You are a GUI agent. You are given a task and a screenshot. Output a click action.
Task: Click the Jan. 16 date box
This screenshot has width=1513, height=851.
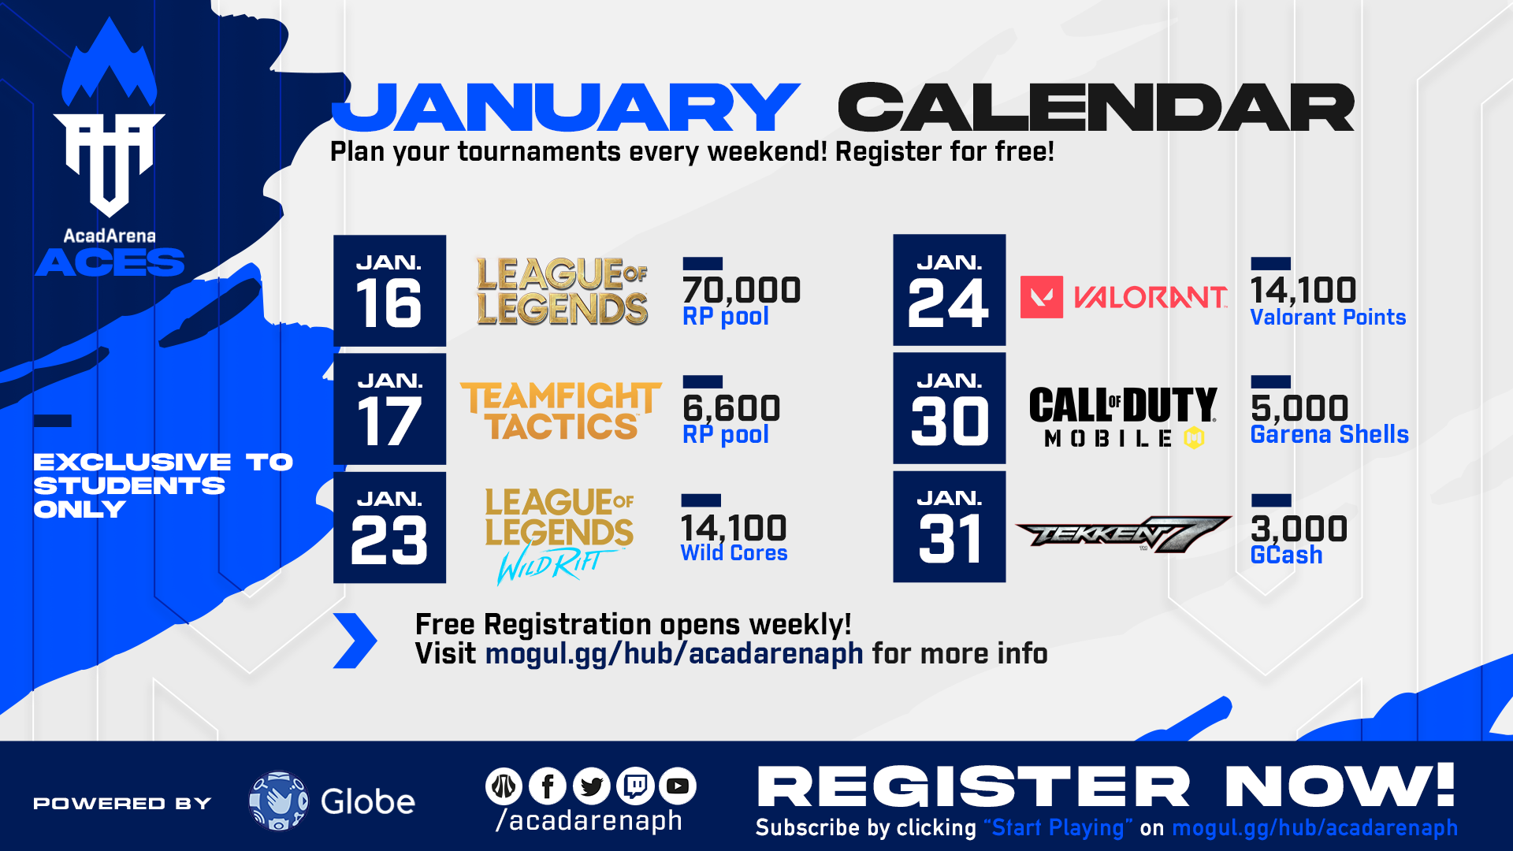[x=389, y=291]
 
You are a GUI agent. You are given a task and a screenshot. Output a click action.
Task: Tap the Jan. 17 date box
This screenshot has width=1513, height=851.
[x=389, y=409]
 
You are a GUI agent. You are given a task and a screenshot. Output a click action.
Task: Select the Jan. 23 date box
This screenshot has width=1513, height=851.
[x=389, y=527]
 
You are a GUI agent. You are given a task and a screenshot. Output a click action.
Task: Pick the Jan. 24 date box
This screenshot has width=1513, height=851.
[x=949, y=290]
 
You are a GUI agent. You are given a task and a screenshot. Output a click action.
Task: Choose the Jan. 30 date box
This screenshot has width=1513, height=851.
[x=949, y=408]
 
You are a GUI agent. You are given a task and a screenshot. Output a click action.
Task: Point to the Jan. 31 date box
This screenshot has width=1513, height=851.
[x=949, y=526]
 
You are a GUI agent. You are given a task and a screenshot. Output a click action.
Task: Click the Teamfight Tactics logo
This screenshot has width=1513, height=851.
[x=560, y=411]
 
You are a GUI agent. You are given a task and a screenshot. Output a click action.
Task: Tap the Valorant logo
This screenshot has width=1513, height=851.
[x=1124, y=297]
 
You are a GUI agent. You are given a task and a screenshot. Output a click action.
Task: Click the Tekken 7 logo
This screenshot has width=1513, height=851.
[x=1123, y=534]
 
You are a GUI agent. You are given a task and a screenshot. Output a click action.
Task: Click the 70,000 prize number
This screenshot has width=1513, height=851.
[x=742, y=290]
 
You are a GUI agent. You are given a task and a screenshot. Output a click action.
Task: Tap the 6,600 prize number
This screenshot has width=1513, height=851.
[x=731, y=408]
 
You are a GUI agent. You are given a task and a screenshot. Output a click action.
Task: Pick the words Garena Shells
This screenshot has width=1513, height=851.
[x=1329, y=434]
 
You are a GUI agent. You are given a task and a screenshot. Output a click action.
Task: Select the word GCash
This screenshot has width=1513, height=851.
[x=1286, y=555]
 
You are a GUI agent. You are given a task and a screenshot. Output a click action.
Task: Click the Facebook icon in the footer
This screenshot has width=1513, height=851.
[x=548, y=786]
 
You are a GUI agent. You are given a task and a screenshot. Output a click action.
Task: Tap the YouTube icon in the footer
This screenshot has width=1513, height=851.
[x=677, y=786]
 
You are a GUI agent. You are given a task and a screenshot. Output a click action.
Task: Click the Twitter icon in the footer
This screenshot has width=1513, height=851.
[x=592, y=786]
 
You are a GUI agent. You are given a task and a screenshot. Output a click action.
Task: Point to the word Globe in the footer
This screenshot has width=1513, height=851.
[x=367, y=802]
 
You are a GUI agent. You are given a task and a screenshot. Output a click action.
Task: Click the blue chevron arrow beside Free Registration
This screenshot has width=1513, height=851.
[x=355, y=641]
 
